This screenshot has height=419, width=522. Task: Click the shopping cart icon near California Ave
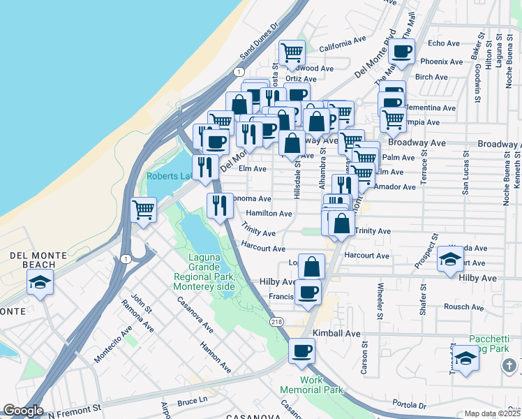coord(292,52)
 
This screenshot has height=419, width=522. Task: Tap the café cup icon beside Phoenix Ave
coord(402,51)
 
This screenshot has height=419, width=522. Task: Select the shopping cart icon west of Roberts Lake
coord(143,209)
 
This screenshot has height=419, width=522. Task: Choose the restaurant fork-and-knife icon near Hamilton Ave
coord(219,205)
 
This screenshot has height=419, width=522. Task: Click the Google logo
coord(24,411)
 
